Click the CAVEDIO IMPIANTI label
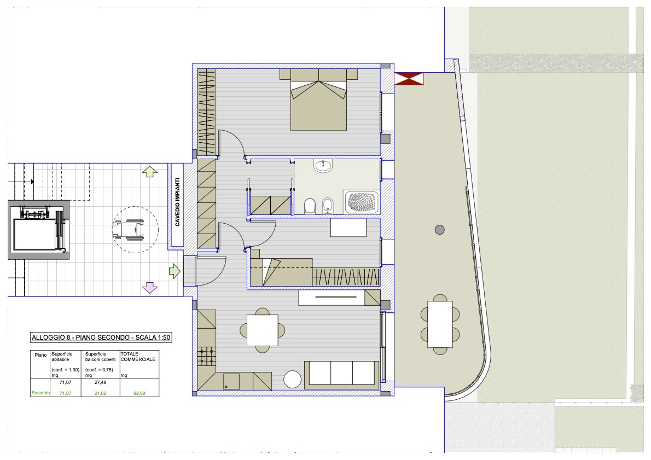tap(177, 202)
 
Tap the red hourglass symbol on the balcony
tap(409, 79)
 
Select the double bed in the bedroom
tap(318, 100)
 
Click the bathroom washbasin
tap(323, 166)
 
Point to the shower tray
tap(361, 202)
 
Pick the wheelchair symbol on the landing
tap(129, 229)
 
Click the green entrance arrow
tap(175, 271)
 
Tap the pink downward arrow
tap(149, 287)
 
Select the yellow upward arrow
tap(149, 171)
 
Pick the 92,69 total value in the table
tap(139, 393)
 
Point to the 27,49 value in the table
tap(101, 382)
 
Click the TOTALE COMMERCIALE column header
tap(138, 357)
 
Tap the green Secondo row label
tap(40, 393)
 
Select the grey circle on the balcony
tap(440, 230)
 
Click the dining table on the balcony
tap(440, 324)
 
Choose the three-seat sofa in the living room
tap(342, 375)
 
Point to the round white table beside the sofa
tap(293, 380)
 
